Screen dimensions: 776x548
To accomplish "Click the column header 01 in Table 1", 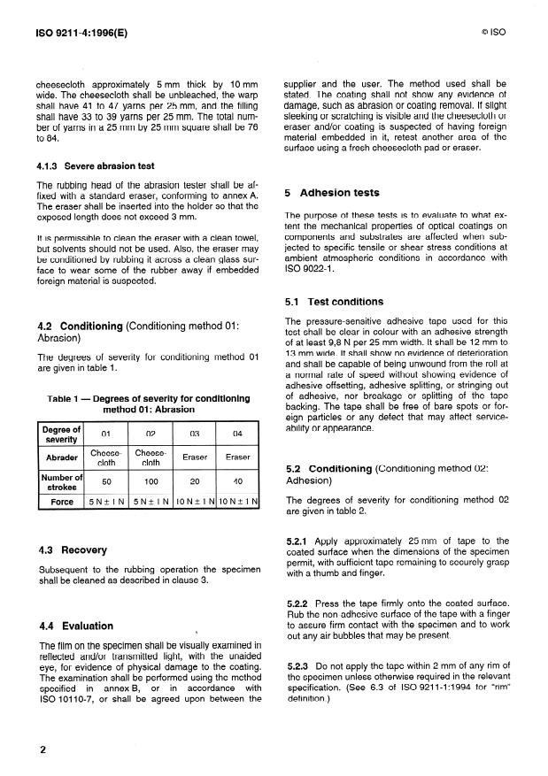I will [x=105, y=434].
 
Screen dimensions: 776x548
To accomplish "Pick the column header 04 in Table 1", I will [x=237, y=434].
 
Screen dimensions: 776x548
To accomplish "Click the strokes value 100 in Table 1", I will [x=151, y=483].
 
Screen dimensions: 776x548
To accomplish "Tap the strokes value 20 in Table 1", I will [x=194, y=483].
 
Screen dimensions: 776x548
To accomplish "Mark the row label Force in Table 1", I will [x=62, y=503].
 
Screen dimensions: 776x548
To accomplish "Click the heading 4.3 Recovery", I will [x=73, y=549].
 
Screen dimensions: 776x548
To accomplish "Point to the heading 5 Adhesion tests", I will [x=332, y=192].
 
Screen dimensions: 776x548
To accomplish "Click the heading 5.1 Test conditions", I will [x=332, y=302].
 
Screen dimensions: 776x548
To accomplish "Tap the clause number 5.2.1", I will [x=302, y=541].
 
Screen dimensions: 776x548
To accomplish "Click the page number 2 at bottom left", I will [x=42, y=749].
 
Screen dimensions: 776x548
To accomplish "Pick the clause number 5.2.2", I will [x=302, y=603].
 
